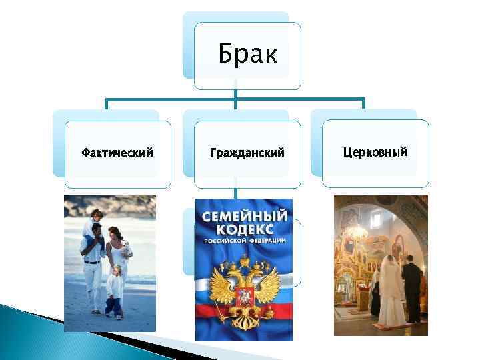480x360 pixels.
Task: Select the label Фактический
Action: tap(117, 153)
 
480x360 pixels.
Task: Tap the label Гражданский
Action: tap(247, 153)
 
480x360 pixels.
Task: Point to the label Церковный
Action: tap(375, 152)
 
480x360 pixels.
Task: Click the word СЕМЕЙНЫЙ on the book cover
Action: tap(245, 217)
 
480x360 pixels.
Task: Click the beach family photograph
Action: tap(109, 263)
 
